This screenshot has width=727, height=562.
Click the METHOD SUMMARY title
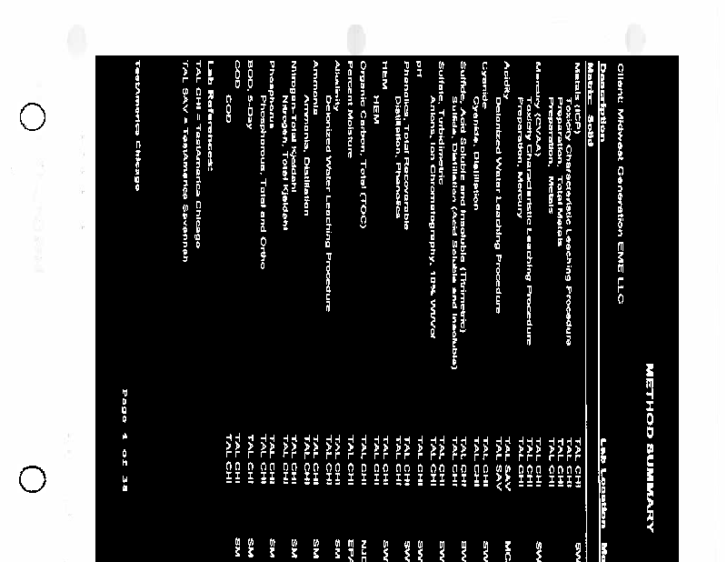click(650, 447)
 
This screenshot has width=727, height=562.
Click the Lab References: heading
click(211, 110)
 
